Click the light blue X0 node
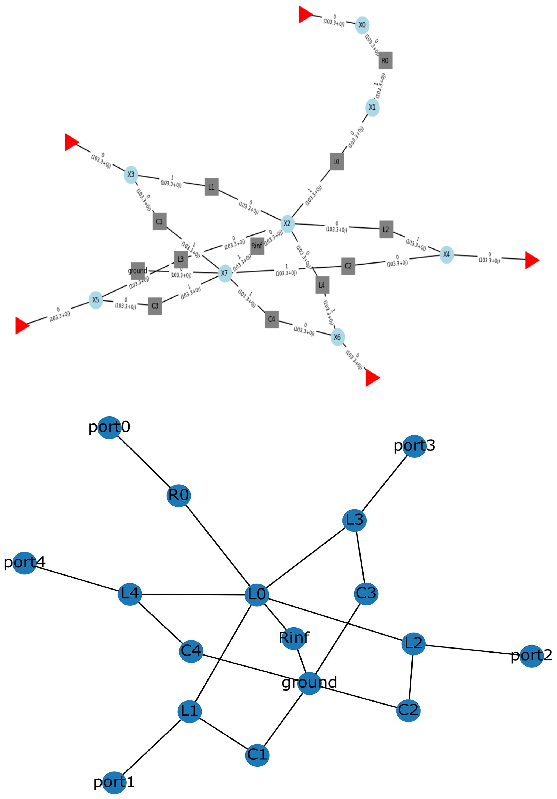coord(362,25)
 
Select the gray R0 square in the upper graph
coord(385,61)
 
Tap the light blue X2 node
coord(287,223)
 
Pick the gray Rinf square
coord(257,246)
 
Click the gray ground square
coord(138,271)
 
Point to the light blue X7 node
coord(225,273)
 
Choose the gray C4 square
coord(271,319)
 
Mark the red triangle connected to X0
coord(305,15)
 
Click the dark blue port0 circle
coord(109,428)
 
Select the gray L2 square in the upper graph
coord(386,229)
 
